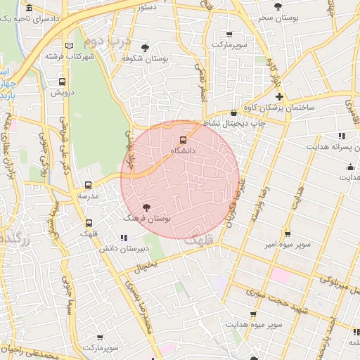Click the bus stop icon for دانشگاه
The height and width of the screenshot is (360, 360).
184,139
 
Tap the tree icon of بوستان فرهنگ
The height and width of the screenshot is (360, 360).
146,207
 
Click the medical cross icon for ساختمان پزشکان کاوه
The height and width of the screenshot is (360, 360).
279,96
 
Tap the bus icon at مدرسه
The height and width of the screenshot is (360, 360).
87,185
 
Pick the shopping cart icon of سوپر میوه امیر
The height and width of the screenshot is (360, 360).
287,233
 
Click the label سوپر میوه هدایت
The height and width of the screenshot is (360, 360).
254,326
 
